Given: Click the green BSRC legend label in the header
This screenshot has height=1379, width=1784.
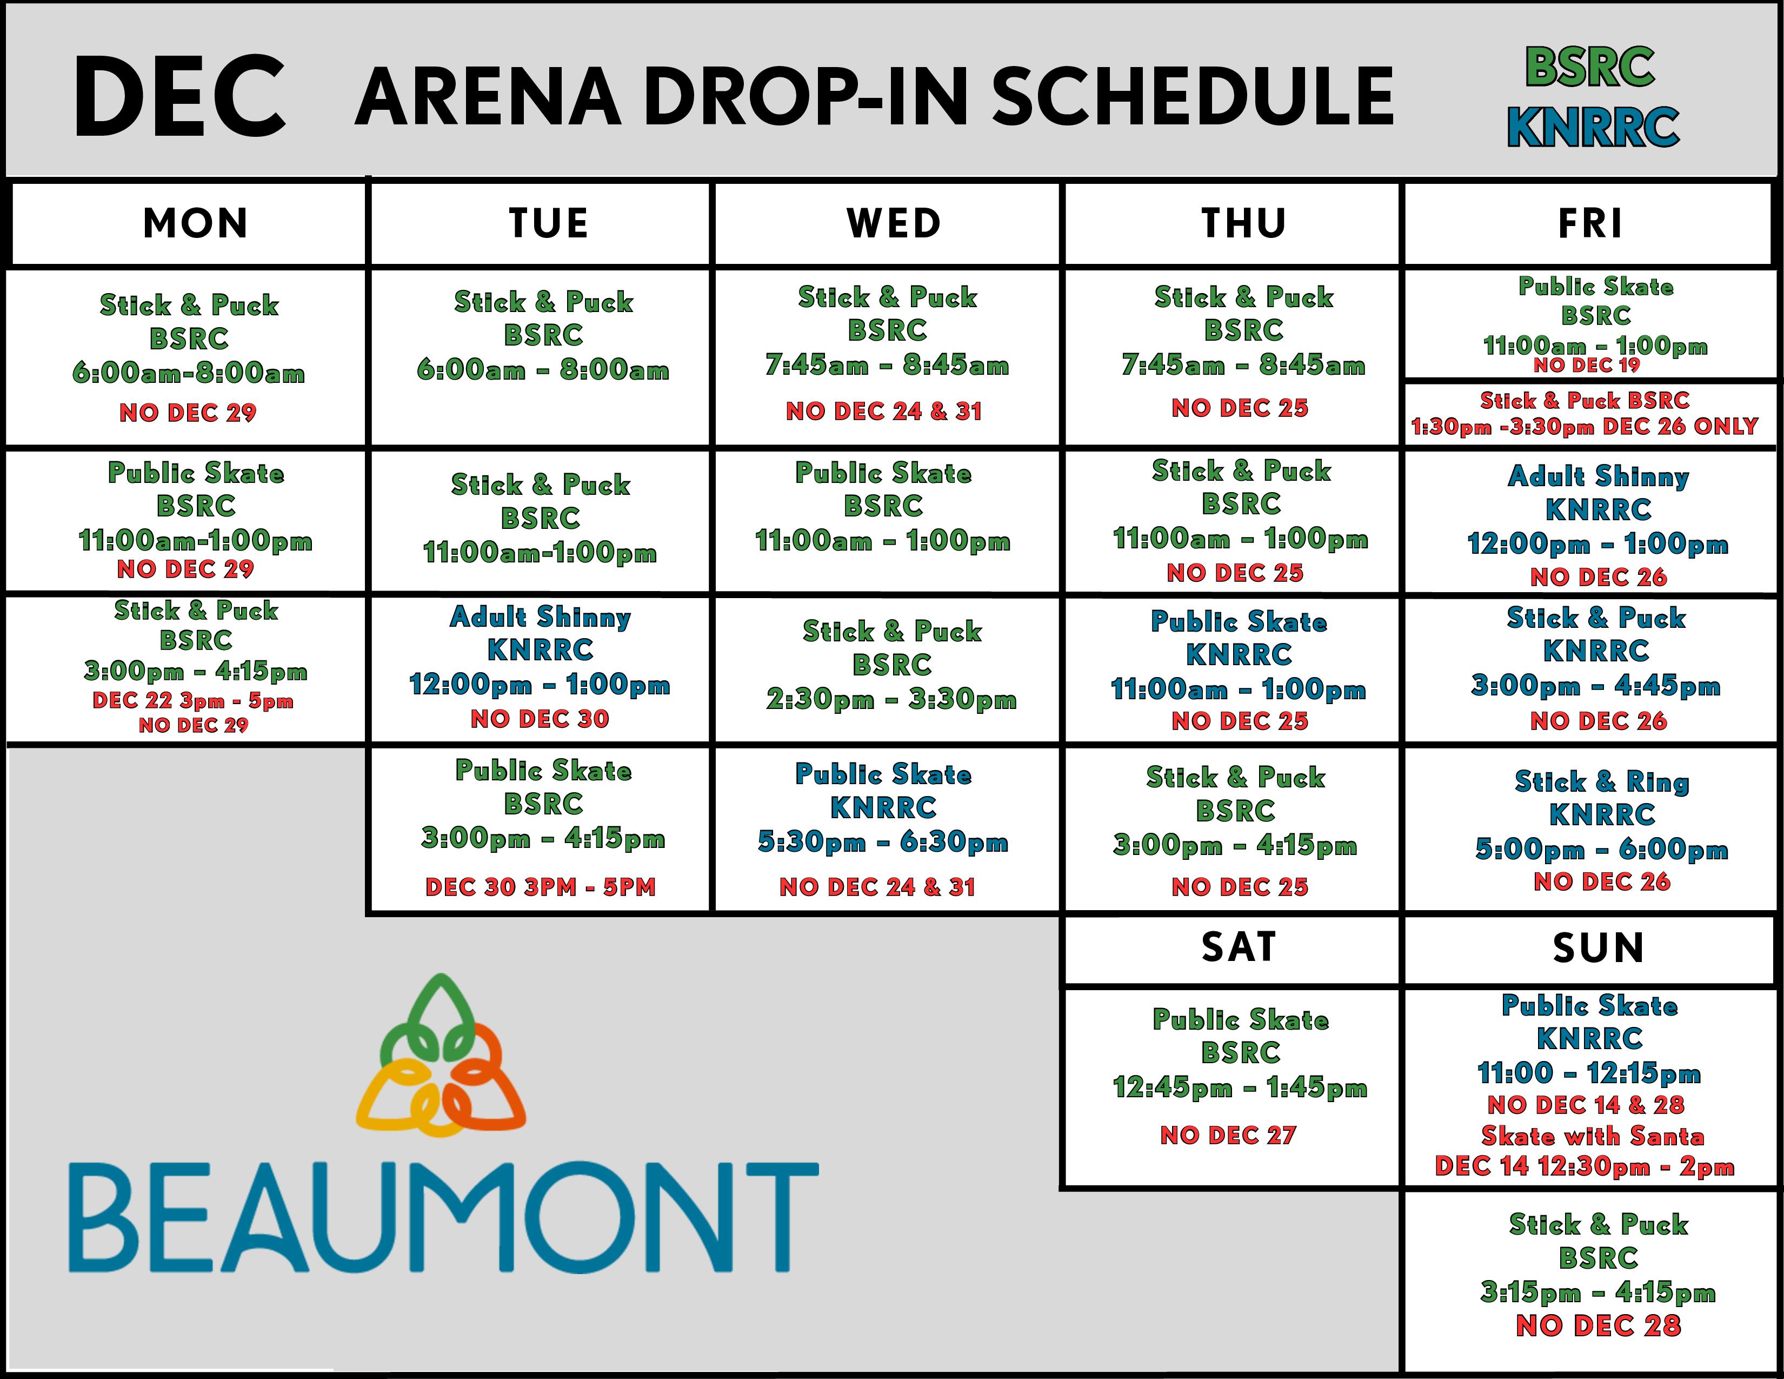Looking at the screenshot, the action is click(1589, 67).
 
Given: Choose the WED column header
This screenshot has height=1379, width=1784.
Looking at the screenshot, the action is click(894, 223).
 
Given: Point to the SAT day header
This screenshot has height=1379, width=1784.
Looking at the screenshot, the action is click(1239, 947).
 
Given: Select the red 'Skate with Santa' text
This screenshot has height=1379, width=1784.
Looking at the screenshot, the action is click(1592, 1136).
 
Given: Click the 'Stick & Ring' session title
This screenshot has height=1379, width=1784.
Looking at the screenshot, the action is click(1601, 782).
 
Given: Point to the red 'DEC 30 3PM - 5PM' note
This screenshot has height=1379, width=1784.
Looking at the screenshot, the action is click(540, 887).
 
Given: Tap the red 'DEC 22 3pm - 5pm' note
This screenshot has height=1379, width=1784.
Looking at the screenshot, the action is click(193, 700).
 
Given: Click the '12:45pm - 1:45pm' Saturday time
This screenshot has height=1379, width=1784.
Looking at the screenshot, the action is click(1239, 1088).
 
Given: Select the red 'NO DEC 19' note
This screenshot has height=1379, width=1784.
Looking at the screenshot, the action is click(1586, 365).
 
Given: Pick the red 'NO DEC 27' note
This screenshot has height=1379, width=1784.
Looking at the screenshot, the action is click(1228, 1135).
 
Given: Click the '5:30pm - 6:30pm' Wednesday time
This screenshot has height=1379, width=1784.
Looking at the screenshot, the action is click(883, 841).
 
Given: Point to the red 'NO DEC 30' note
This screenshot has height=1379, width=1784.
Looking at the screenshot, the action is click(540, 719).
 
